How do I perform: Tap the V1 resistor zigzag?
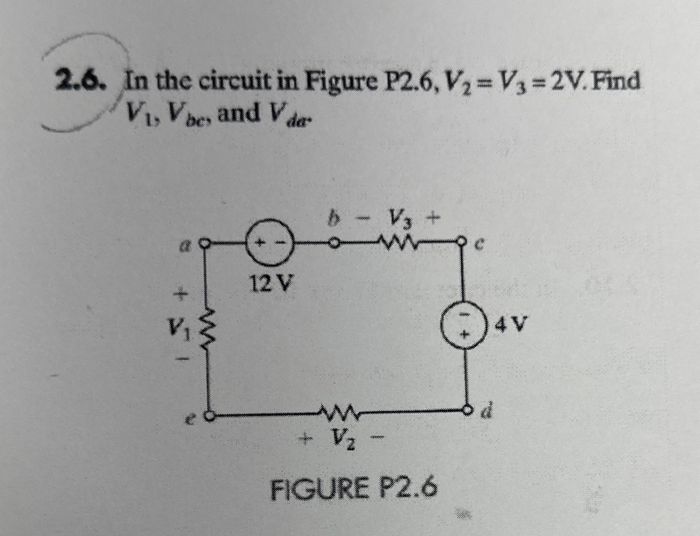point(208,329)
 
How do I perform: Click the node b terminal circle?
point(334,242)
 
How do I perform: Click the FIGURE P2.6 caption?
point(354,490)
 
